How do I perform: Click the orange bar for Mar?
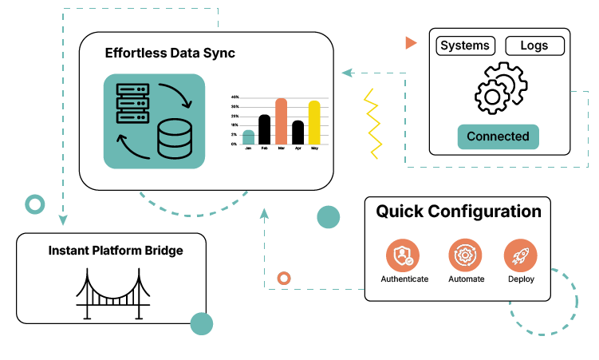coord(282,121)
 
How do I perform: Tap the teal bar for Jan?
coord(248,136)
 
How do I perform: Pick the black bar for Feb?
coord(265,129)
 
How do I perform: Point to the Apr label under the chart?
coord(298,148)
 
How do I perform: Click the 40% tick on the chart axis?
coord(235,97)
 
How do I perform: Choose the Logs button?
coord(534,45)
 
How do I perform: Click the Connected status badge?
coord(498,136)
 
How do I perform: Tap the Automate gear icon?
coord(465,255)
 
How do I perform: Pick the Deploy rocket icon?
coord(521,255)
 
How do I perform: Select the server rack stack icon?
coord(133,101)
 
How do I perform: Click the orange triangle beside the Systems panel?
coord(410,42)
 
